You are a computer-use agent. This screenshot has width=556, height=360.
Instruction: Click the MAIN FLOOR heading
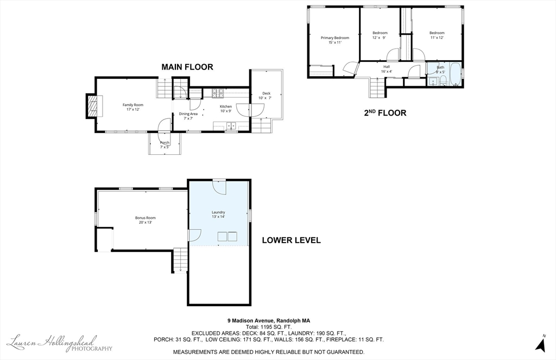[x=187, y=67]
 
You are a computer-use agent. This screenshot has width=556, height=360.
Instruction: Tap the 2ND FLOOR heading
[x=385, y=113]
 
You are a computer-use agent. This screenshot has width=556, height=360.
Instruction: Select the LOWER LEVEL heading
[x=291, y=240]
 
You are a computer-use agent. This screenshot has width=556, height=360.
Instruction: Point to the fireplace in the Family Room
[x=93, y=105]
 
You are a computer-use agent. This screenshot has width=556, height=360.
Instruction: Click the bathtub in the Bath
[x=454, y=75]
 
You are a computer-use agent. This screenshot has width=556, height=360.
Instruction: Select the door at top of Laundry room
[x=219, y=186]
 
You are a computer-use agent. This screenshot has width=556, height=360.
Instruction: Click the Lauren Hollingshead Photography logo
[x=60, y=343]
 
